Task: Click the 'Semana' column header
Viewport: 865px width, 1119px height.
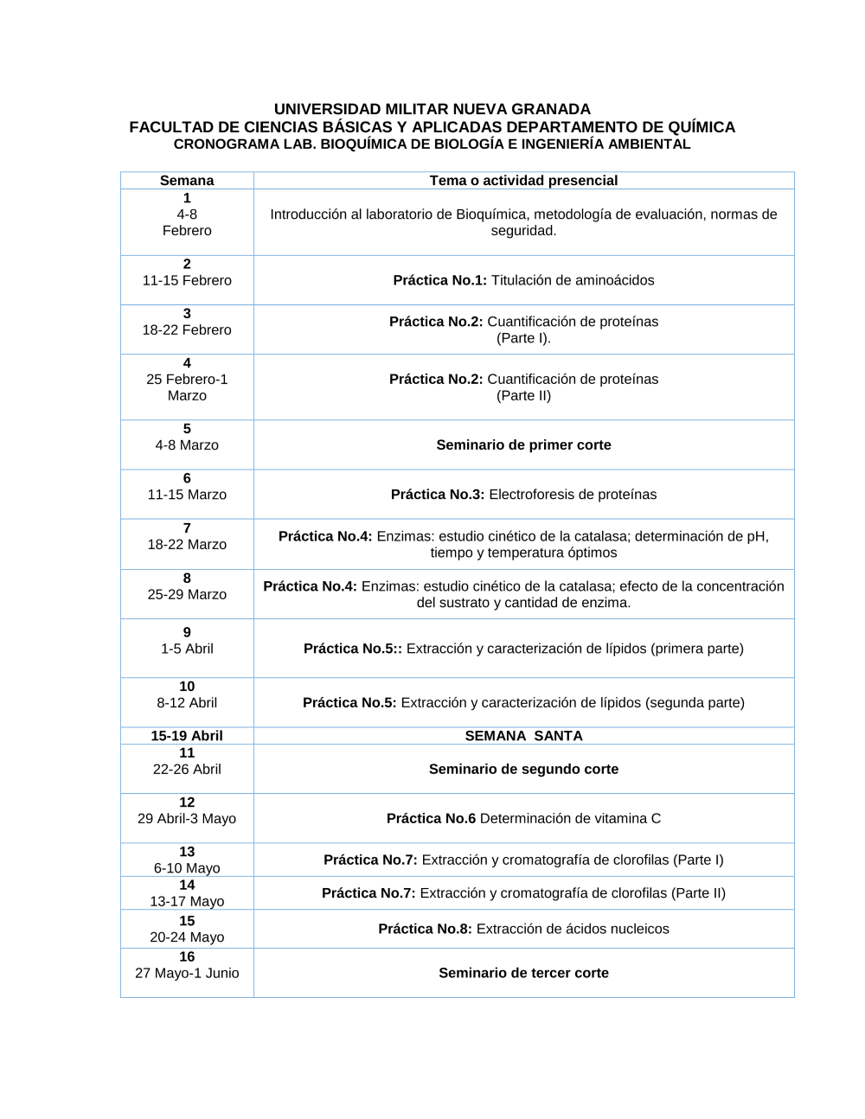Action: pos(187,181)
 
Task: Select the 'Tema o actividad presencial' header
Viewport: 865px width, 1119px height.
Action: pos(523,181)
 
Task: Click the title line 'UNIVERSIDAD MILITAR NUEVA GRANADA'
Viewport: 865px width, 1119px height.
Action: pos(432,109)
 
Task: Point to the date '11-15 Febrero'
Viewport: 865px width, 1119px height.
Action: pos(187,280)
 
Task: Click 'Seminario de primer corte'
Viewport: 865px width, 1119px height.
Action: pos(523,444)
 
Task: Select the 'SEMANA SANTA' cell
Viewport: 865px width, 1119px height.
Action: pos(523,736)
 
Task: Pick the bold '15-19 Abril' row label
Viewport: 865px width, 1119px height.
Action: pos(187,736)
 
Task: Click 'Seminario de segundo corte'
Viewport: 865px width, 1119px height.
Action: pos(523,769)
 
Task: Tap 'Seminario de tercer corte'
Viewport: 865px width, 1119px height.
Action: pos(523,973)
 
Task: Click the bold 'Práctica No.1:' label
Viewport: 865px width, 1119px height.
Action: pos(439,280)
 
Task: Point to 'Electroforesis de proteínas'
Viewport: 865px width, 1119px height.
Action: pos(573,495)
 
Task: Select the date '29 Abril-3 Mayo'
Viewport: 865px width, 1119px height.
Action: pos(187,819)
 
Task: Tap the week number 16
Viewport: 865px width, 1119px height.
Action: pos(187,956)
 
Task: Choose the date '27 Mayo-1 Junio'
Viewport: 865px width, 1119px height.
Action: pos(187,973)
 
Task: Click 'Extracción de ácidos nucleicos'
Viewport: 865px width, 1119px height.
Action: pos(573,929)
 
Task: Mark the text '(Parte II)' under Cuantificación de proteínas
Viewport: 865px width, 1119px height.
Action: pos(523,396)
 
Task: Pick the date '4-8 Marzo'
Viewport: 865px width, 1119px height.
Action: pos(187,445)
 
